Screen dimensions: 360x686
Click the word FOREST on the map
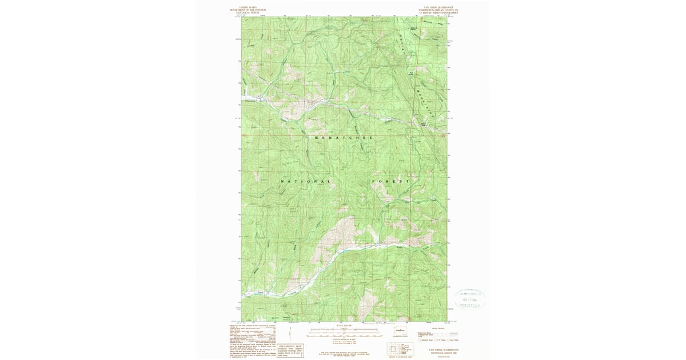392,181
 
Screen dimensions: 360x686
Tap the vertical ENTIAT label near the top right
400,43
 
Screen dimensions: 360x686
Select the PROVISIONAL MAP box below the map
290,351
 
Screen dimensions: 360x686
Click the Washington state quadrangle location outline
401,330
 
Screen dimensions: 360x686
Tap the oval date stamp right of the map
470,299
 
